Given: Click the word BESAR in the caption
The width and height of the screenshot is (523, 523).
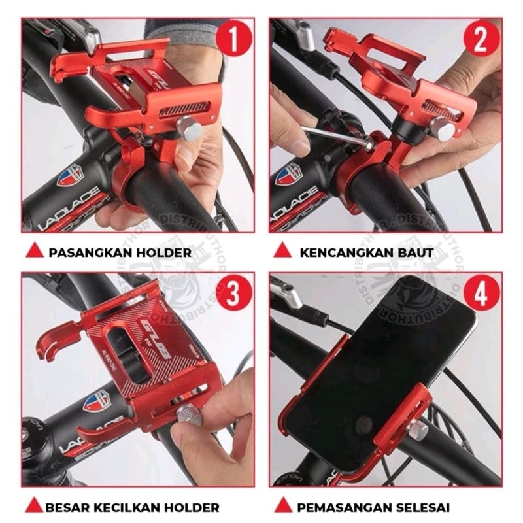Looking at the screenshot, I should click(x=68, y=507).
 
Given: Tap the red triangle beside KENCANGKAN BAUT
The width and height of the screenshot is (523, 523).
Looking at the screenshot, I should click(x=282, y=251).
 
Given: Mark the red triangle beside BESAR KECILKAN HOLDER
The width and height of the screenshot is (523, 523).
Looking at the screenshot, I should click(x=33, y=507).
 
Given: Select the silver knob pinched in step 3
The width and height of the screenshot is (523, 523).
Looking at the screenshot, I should click(x=189, y=414).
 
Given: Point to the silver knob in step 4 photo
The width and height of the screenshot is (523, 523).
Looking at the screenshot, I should click(x=418, y=430).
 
